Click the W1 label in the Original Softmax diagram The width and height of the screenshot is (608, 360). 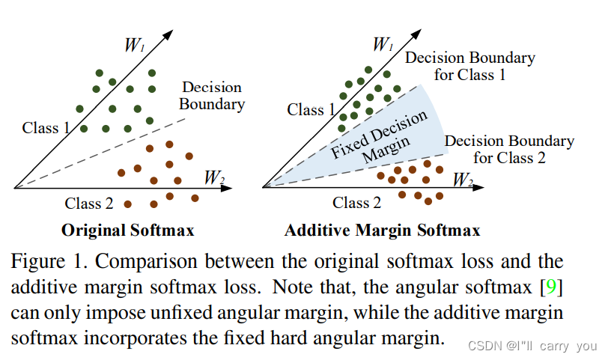pyautogui.click(x=134, y=44)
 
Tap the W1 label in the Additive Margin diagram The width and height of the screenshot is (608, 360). pyautogui.click(x=383, y=44)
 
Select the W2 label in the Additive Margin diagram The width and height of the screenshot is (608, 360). pyautogui.click(x=463, y=180)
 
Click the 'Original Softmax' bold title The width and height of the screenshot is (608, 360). pyautogui.click(x=128, y=230)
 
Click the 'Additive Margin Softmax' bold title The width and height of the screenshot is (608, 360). pyautogui.click(x=382, y=230)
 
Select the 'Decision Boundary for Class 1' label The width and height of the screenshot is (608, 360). pyautogui.click(x=469, y=66)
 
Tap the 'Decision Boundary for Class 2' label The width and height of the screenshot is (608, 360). pyautogui.click(x=509, y=149)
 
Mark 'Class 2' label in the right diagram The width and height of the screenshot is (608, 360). pyautogui.click(x=356, y=202)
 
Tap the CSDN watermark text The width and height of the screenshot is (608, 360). pyautogui.click(x=531, y=346)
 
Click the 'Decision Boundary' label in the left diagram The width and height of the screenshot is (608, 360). pyautogui.click(x=212, y=95)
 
